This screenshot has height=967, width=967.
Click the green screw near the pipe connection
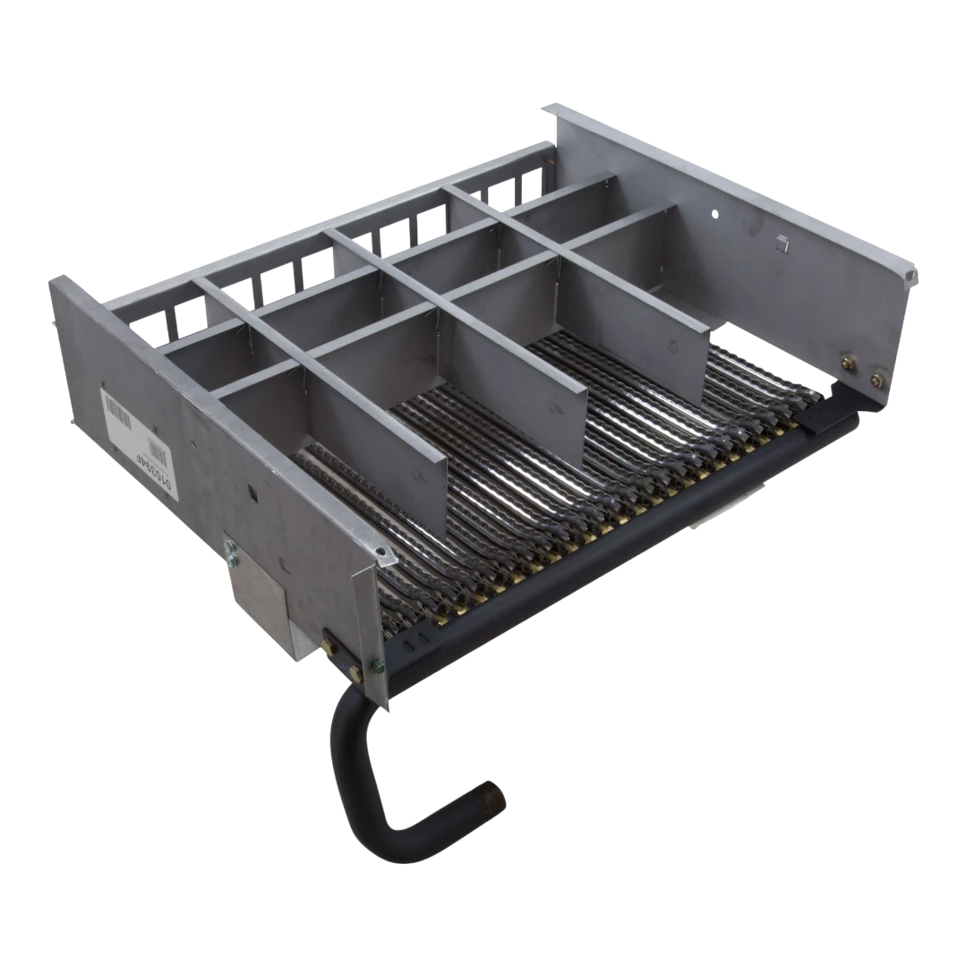[377, 664]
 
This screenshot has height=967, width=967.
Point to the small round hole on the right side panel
[714, 215]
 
